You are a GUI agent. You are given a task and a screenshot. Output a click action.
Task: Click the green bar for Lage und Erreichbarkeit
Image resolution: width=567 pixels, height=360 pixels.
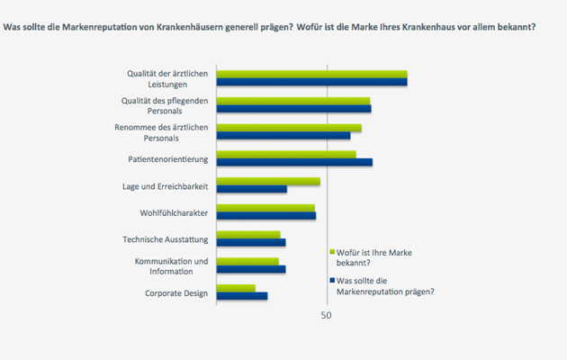tap(268, 182)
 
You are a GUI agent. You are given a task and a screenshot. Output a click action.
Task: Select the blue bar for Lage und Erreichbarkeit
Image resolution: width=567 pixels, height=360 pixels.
tap(251, 189)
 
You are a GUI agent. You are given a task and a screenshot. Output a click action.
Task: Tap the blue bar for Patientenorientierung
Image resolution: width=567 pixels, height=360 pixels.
tap(294, 162)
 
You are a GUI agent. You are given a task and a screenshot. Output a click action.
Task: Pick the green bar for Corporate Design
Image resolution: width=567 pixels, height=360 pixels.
tap(236, 289)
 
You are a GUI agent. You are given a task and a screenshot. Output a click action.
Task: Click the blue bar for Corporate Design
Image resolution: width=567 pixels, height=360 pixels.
tap(242, 296)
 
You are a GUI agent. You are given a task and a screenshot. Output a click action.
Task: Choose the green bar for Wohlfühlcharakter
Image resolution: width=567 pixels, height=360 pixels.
tap(265, 208)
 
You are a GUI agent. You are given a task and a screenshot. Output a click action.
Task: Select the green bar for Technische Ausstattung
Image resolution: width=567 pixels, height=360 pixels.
tap(248, 235)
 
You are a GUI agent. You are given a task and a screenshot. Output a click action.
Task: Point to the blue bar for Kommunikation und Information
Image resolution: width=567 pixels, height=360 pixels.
tap(251, 269)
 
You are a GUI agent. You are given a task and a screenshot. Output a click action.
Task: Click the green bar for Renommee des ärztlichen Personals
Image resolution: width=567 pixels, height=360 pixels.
tap(289, 128)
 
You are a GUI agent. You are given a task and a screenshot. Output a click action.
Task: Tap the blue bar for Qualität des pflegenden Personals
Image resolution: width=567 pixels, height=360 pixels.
tap(293, 109)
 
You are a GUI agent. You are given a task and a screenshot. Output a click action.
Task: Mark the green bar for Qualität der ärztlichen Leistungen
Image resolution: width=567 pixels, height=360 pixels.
tap(311, 75)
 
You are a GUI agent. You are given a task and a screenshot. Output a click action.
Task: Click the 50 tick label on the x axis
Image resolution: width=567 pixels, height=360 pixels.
tap(327, 316)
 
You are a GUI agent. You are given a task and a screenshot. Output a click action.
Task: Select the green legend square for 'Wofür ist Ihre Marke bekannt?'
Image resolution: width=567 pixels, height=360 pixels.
tap(333, 252)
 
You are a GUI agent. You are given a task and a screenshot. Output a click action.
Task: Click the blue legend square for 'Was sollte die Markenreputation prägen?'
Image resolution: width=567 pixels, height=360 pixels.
tap(333, 280)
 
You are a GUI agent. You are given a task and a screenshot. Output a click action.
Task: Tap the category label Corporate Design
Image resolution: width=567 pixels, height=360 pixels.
tap(176, 293)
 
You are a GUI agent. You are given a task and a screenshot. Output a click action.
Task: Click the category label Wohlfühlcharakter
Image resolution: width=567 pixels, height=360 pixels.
tap(175, 213)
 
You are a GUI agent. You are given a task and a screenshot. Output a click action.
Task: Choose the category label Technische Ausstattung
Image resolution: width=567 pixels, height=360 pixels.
tap(166, 239)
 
